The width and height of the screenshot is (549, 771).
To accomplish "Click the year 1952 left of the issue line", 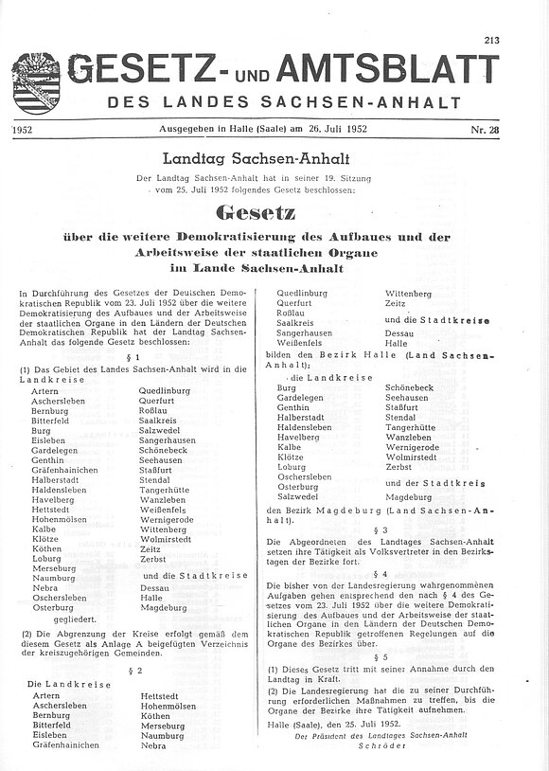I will [27, 129].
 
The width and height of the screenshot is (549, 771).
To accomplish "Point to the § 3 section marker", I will [381, 529].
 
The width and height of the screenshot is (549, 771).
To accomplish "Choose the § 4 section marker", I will [381, 574].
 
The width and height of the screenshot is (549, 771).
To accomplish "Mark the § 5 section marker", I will [381, 656].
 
